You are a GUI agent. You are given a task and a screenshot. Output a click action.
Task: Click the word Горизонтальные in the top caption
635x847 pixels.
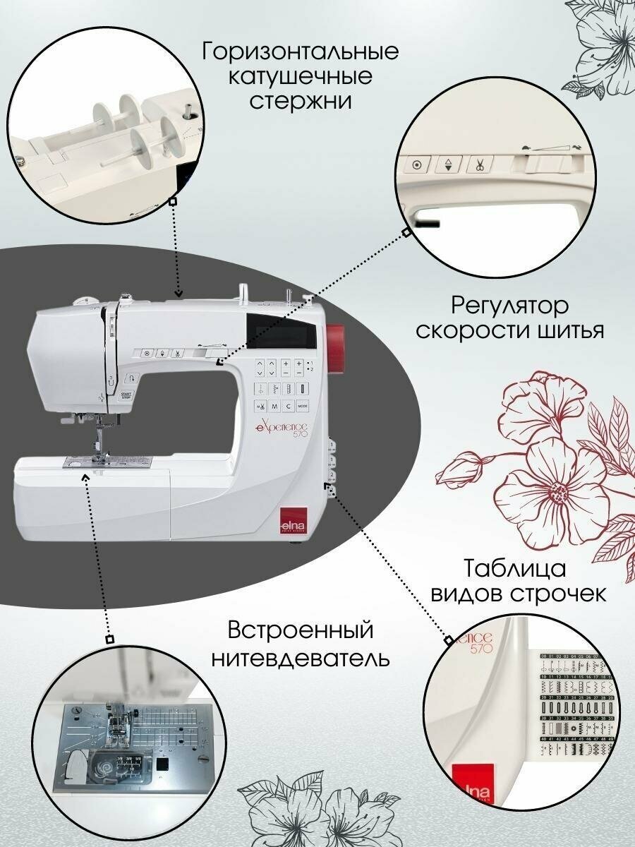pos(300,52)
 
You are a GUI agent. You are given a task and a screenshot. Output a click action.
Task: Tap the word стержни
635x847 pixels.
pos(301,100)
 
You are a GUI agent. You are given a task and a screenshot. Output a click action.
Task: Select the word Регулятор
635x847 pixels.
pos(509,306)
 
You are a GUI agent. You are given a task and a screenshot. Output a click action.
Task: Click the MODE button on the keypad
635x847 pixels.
pos(303,406)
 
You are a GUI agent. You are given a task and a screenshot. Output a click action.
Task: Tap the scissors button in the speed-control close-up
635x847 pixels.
pos(479,166)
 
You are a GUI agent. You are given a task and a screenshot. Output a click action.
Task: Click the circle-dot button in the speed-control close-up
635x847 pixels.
pos(416,166)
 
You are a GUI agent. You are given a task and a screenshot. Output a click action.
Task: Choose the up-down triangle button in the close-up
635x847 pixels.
pos(447,166)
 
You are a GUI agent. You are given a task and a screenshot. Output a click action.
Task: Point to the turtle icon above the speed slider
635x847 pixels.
pos(526,146)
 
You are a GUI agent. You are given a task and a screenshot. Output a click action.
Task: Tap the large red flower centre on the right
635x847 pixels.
pos(560,489)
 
